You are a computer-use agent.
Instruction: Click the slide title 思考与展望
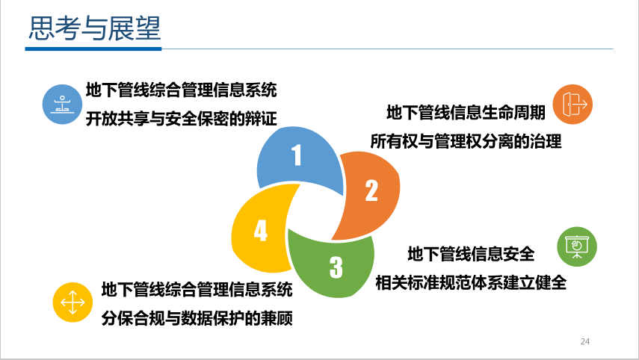(95, 28)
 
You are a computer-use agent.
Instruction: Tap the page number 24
(584, 341)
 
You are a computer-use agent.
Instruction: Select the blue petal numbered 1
(300, 160)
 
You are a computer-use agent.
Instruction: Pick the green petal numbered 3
(332, 264)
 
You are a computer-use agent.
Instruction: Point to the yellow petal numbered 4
(261, 228)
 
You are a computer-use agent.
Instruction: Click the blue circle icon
(62, 105)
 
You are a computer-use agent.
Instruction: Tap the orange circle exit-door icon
(572, 105)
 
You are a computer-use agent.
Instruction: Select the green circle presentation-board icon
(577, 246)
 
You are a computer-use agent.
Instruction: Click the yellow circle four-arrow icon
(72, 302)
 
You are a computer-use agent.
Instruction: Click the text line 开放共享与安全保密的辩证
(182, 119)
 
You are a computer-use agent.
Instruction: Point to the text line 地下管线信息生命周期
(466, 112)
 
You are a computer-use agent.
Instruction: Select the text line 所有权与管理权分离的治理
(466, 141)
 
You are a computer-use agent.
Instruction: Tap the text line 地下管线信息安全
(471, 254)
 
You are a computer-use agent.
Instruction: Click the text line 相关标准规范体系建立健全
(471, 282)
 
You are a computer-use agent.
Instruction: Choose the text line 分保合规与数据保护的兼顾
(197, 318)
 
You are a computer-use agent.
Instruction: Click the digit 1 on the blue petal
(297, 155)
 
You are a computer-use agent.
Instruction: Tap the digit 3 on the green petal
(336, 267)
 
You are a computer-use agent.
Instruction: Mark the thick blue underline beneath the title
(93, 49)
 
